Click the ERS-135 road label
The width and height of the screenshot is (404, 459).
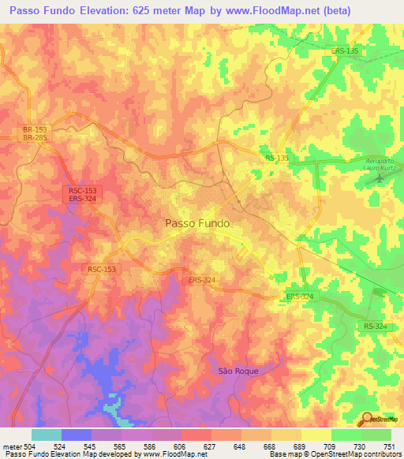tap(345, 51)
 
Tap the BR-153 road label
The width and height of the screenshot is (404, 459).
tap(35, 129)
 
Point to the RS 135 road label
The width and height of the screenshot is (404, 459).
tap(277, 159)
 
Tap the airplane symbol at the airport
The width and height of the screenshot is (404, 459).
tap(380, 177)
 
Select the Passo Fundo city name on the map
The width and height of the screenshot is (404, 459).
tap(197, 223)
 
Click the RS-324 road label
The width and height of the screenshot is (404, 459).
tap(376, 326)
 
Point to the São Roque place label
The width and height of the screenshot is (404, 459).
tap(238, 370)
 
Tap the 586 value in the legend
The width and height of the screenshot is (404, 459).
tap(151, 446)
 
